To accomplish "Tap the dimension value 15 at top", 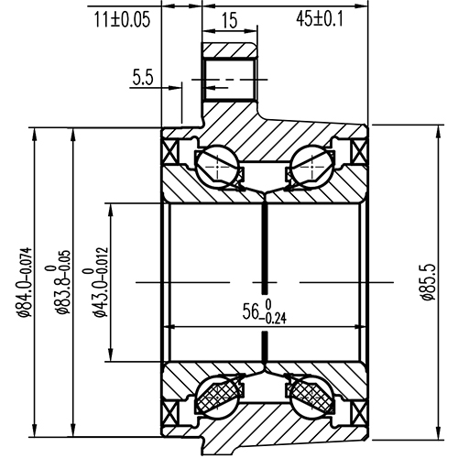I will point(229,19).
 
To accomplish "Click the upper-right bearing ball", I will point(311,167).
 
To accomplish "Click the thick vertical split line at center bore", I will point(265,275).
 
